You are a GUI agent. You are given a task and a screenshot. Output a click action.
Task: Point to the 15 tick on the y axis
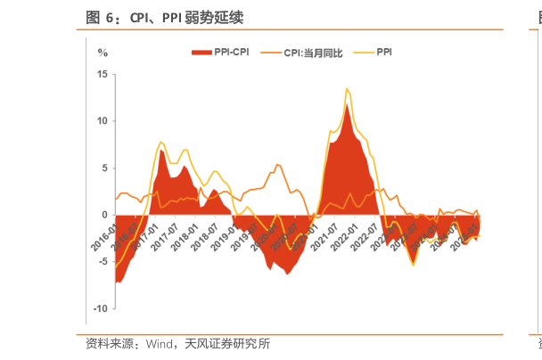tap(102, 74)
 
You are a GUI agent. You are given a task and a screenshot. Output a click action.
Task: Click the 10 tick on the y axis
tap(102, 121)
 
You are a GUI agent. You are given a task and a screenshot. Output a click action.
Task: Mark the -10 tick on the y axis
tap(100, 308)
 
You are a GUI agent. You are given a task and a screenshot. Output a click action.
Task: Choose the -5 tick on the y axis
tap(103, 262)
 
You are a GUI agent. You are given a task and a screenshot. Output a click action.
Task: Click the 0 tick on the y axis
tap(104, 215)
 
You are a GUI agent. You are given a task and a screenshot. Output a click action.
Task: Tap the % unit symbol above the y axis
tap(103, 53)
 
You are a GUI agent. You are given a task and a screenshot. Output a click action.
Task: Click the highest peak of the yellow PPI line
tap(346, 88)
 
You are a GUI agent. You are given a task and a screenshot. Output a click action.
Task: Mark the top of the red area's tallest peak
tap(347, 104)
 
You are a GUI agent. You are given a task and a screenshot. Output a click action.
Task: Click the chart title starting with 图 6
tap(164, 17)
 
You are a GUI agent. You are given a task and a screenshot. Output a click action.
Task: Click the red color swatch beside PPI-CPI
tap(201, 53)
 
